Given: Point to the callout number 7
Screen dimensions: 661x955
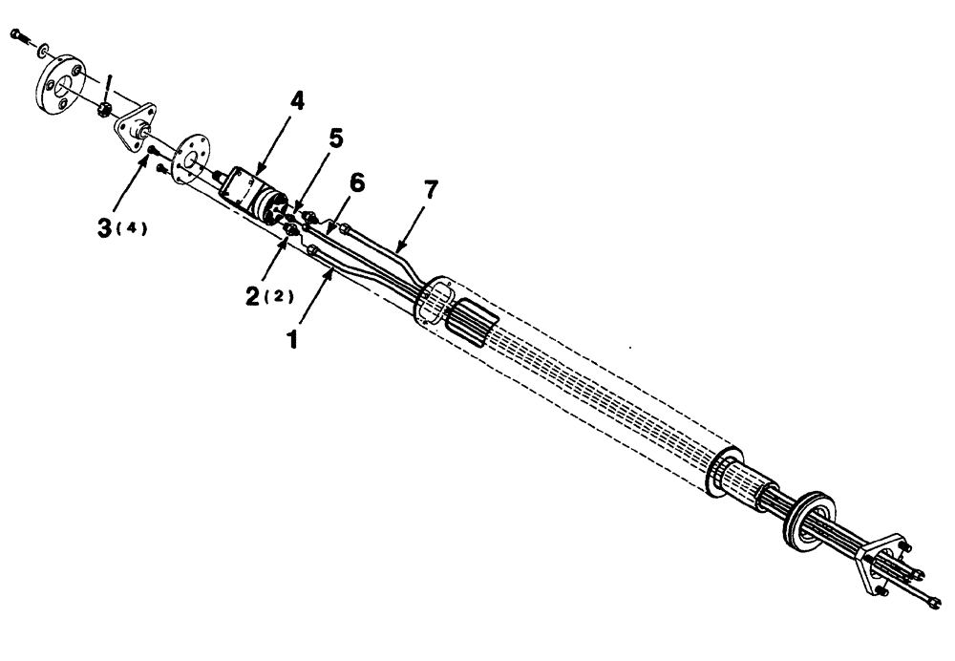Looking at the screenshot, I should [x=430, y=189].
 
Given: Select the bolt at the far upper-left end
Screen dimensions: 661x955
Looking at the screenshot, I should [x=18, y=35].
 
